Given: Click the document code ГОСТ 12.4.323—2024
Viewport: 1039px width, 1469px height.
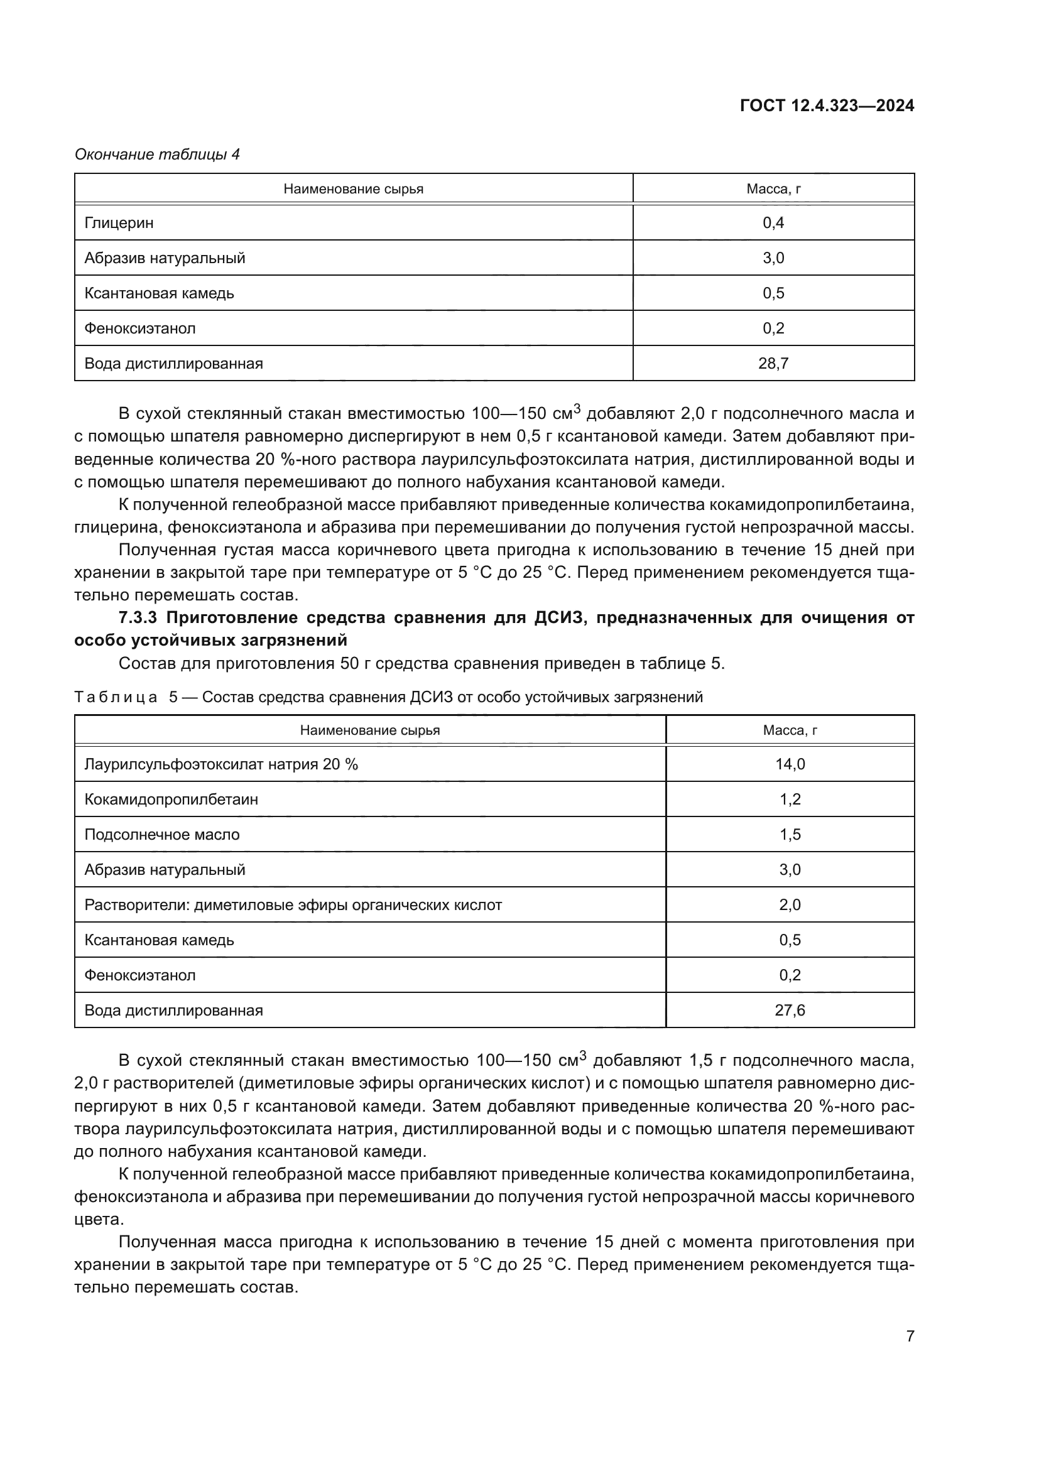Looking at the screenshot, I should click(827, 106).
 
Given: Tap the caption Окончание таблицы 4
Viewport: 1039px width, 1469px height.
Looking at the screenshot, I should click(158, 154).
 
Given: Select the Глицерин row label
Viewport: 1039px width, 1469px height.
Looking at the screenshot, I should click(119, 224).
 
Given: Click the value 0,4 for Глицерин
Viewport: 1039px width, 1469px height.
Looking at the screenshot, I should click(773, 224).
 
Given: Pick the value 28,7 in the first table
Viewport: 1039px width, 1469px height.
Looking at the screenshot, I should click(773, 364).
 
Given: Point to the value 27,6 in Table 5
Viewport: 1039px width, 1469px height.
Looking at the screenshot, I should click(790, 1011).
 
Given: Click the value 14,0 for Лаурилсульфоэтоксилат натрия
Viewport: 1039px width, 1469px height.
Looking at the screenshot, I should click(790, 764).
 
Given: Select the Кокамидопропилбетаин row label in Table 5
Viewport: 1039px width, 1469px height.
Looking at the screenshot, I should click(171, 799).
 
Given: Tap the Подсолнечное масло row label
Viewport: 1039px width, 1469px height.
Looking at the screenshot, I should click(162, 834).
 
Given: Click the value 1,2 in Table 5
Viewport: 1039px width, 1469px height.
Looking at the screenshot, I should click(790, 799).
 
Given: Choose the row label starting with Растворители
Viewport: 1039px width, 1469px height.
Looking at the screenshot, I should click(293, 904).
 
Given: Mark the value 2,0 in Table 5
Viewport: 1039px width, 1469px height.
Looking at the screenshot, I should click(790, 904).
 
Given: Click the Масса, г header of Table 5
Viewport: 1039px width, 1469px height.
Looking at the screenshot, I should click(790, 730).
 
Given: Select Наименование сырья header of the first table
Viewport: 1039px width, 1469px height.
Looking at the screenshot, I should click(353, 190).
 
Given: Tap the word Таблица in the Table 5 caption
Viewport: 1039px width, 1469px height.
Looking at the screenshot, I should click(116, 697).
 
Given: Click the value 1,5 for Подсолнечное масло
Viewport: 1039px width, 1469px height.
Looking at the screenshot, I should click(790, 834).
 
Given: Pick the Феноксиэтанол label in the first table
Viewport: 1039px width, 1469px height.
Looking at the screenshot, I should click(140, 329).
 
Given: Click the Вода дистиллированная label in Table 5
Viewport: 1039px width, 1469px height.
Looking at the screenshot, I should click(173, 1011).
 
